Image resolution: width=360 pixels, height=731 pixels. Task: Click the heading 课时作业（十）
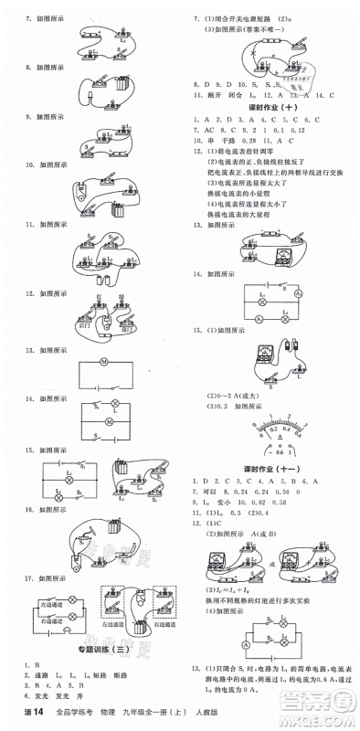click(x=274, y=107)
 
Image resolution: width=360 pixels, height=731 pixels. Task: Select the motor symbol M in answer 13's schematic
click(x=103, y=363)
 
